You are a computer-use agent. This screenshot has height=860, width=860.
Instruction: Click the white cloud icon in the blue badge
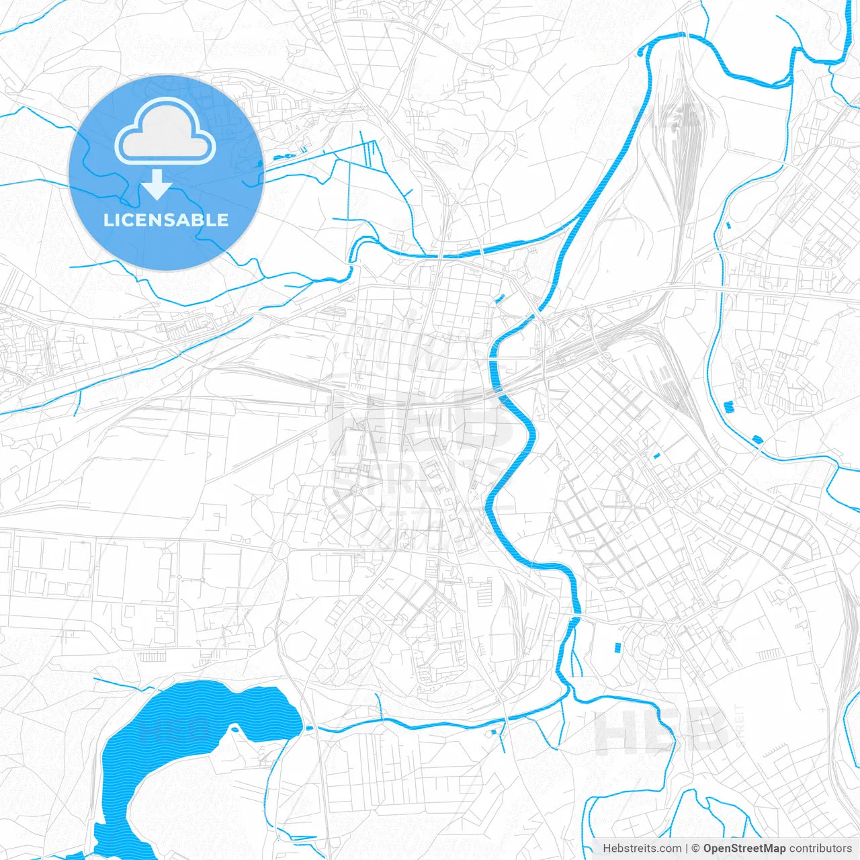(x=165, y=132)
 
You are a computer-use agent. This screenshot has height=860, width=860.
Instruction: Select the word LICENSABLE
(x=166, y=220)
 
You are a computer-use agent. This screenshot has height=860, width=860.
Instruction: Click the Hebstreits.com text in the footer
(x=642, y=849)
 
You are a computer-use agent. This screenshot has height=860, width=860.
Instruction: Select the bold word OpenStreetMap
(x=744, y=849)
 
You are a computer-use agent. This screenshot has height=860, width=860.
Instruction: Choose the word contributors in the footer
(x=820, y=849)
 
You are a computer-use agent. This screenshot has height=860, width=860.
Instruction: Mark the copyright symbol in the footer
(x=696, y=849)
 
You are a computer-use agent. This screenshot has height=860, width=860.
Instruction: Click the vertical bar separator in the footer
(x=687, y=849)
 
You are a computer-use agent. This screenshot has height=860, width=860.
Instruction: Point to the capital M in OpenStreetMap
(x=770, y=849)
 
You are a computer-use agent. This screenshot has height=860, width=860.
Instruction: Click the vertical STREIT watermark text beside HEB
(x=740, y=726)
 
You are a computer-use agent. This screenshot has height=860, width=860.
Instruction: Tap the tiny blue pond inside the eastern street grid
(x=656, y=456)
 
